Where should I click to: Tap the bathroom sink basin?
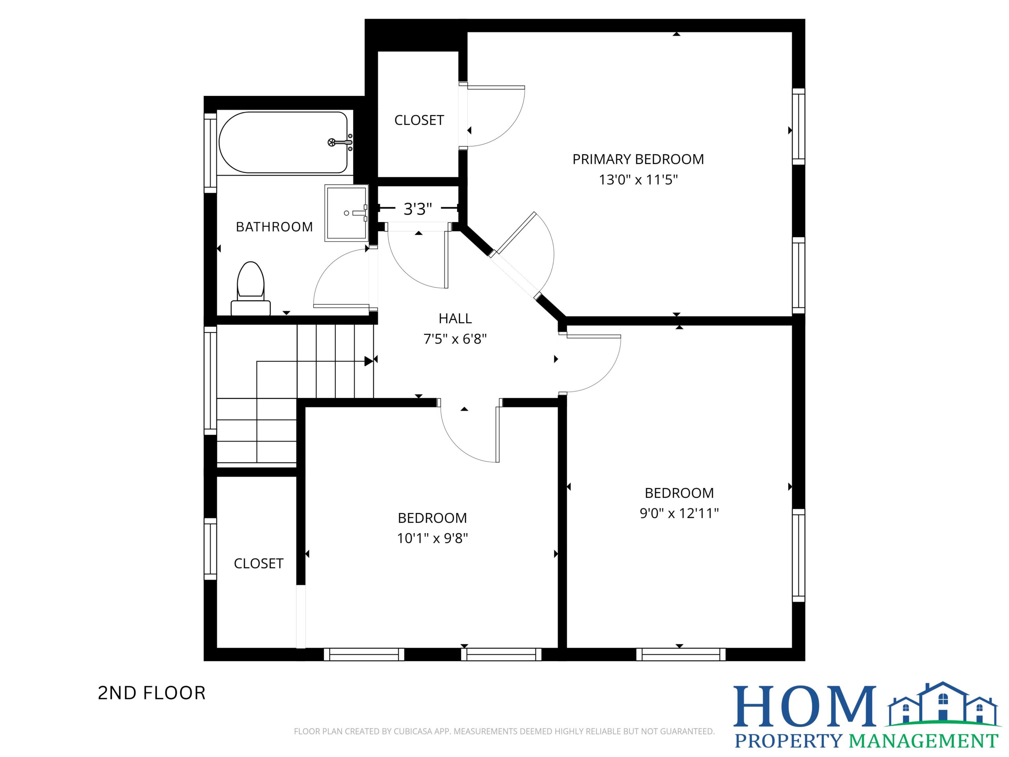coord(346,213)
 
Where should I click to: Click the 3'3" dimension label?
coord(418,209)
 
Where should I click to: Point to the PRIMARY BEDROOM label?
coord(638,159)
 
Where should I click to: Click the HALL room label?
coord(455,319)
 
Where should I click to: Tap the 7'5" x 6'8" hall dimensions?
coord(455,339)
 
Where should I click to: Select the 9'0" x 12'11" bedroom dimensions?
coord(679,513)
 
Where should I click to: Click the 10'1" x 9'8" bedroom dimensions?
coord(432,539)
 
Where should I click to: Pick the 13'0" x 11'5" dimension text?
coord(638,180)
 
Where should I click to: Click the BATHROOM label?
coord(274,227)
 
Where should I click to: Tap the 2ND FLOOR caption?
coord(152,693)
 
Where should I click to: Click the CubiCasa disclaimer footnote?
coord(504,731)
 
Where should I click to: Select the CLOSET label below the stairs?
coord(259,563)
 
